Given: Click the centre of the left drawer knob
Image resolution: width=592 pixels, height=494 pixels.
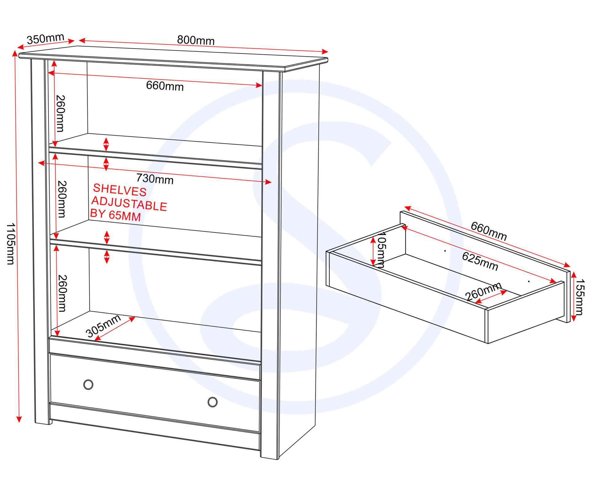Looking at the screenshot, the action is click(88, 385).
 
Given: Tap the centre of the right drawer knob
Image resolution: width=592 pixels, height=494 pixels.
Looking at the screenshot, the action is click(212, 402).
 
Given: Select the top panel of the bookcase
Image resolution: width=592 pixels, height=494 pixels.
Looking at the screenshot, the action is click(173, 59).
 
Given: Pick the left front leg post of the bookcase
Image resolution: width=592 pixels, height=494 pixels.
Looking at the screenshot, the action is click(40, 242).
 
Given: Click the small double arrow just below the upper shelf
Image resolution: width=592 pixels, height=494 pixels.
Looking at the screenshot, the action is click(106, 164).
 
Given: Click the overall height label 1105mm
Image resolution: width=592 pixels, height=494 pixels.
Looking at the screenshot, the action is click(10, 244).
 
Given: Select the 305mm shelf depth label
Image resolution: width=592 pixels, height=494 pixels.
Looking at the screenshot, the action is click(103, 326).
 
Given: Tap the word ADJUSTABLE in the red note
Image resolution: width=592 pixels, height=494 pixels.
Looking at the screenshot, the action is click(129, 204).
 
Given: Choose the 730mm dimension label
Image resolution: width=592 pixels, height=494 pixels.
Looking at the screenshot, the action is click(155, 179).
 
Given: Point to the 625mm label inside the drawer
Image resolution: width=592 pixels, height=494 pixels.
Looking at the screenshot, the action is click(480, 261).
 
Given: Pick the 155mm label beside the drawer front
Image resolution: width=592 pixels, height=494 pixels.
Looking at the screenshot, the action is click(580, 297).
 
